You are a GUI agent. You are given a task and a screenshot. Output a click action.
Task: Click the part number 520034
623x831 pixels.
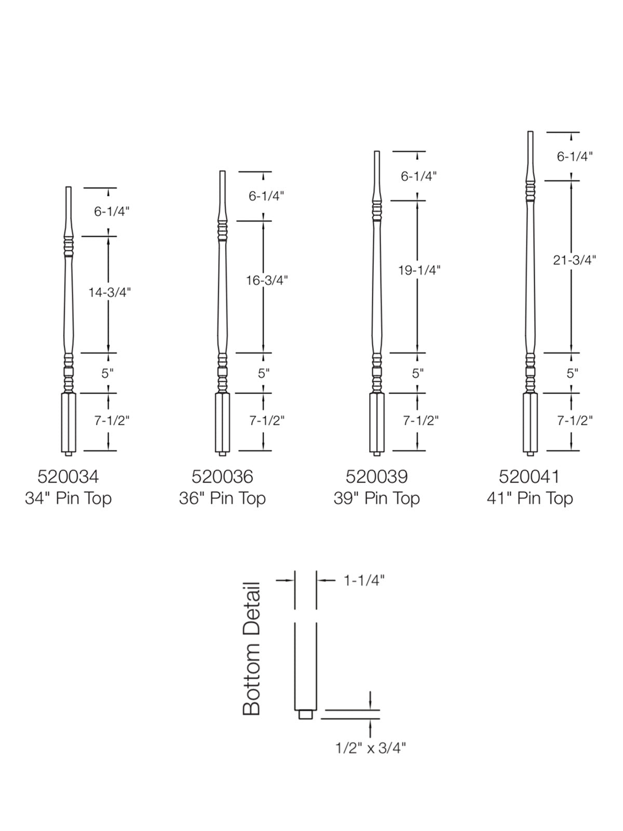coord(68,477)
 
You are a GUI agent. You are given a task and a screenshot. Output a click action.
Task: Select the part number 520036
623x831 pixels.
coord(222,477)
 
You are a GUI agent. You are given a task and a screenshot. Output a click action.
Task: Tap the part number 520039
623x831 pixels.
coord(376,477)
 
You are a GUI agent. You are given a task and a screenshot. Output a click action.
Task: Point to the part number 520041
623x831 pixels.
coord(529,477)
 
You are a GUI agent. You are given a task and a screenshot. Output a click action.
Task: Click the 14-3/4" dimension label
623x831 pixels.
coord(110,292)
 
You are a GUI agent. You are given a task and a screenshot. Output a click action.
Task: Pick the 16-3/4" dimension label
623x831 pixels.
coord(267,280)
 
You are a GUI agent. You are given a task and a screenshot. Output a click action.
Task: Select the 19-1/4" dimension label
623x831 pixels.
coord(419,270)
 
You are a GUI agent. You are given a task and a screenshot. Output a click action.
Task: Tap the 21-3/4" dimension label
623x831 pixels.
coord(575,260)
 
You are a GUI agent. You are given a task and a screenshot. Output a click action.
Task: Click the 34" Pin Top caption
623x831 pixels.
coord(69,499)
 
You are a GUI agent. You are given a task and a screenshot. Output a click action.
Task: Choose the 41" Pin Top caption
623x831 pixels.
coord(530,499)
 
